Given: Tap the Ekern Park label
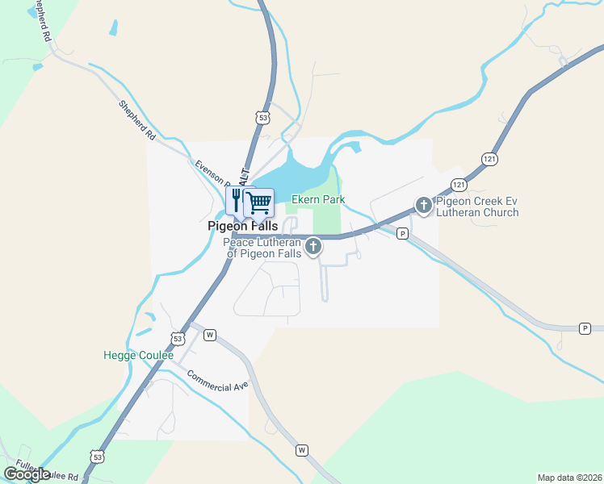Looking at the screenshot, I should (x=318, y=199).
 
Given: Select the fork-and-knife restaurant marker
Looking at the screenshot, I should (x=237, y=198).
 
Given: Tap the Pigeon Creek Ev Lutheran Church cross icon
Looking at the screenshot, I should (x=425, y=206).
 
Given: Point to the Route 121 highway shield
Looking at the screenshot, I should (x=458, y=184).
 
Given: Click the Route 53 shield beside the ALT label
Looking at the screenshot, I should (x=260, y=118).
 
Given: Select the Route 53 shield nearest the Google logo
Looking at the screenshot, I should (x=97, y=457).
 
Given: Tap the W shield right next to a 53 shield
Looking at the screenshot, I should (x=209, y=334).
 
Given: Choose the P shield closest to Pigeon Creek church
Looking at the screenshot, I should (x=402, y=234).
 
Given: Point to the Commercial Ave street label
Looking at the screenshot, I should (x=217, y=382).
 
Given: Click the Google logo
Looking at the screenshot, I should (x=27, y=474).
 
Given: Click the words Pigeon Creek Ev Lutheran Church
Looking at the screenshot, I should (x=477, y=207).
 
